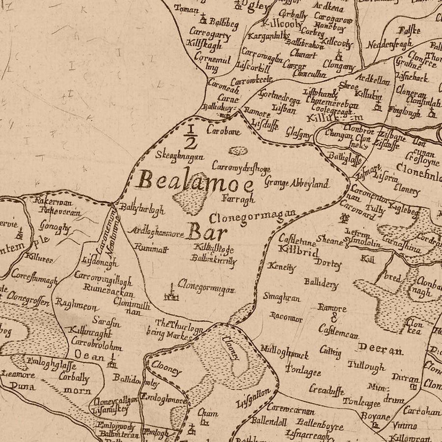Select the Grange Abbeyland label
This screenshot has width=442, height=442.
pos(296,183)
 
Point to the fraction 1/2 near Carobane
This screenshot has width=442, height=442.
pos(191,136)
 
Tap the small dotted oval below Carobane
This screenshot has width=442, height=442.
pos(238,151)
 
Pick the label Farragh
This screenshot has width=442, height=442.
pos(239,200)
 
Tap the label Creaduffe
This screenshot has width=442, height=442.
pos(325,389)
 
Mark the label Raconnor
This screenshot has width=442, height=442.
pos(286,318)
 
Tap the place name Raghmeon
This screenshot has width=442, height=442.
pos(76,304)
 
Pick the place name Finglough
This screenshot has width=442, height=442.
pos(404,112)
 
